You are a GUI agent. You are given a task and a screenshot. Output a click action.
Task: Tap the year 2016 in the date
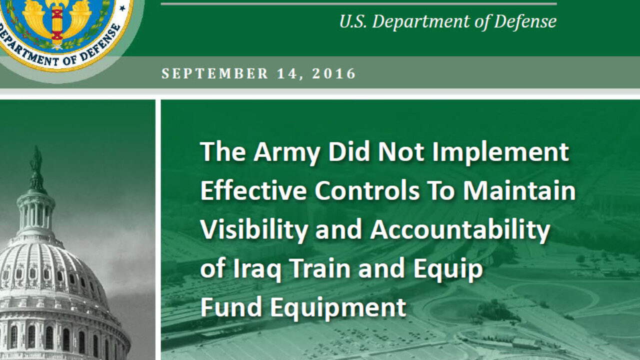tap(333, 73)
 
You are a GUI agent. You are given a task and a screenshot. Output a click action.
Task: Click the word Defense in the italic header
tap(525, 21)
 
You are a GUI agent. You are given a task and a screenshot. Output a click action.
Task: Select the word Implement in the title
tap(500, 153)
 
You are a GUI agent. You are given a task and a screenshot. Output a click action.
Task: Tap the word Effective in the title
tap(253, 190)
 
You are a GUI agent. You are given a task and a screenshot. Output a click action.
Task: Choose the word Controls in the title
tap(367, 190)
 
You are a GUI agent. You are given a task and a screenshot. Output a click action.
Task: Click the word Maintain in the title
tap(519, 190)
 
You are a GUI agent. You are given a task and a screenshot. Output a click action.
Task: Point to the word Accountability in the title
tap(460, 230)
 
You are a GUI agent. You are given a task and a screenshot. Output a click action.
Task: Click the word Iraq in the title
tap(257, 269)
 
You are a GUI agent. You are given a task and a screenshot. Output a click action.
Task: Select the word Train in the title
tap(320, 268)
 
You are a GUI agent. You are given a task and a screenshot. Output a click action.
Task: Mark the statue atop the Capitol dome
tap(36, 160)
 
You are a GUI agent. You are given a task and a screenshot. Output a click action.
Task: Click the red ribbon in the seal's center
tap(57, 22)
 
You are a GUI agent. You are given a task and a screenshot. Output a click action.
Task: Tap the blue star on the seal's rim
tap(122, 8)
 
